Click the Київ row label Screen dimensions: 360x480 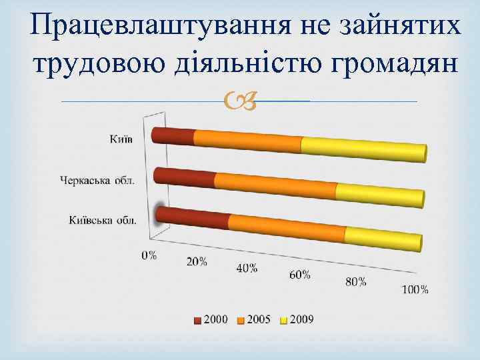click(x=121, y=139)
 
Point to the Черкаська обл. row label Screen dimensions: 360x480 click(x=97, y=179)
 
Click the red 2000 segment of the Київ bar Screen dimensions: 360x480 click(x=173, y=136)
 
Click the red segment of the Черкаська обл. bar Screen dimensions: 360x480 click(x=185, y=177)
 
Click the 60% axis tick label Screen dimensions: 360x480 click(x=300, y=275)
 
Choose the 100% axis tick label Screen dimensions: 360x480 click(x=415, y=289)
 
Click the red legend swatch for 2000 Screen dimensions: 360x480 click(x=197, y=320)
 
